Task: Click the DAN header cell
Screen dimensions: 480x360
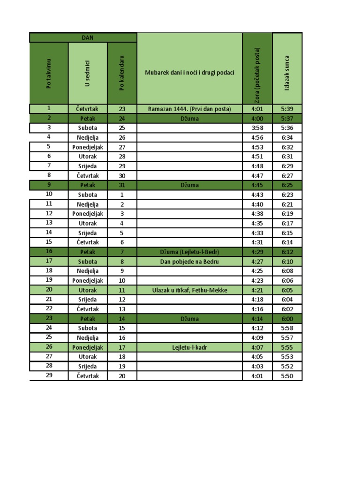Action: [83, 37]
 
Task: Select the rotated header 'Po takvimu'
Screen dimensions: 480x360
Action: [49, 73]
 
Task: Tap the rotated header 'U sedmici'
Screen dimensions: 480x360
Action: [88, 73]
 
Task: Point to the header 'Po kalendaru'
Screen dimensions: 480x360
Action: [122, 73]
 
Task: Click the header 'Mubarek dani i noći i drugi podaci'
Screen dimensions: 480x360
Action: [189, 73]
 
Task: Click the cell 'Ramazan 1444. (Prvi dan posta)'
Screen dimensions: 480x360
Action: [189, 109]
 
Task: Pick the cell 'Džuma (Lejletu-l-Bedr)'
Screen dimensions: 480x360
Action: [189, 252]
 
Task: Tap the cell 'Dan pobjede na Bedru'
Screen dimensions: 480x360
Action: [189, 262]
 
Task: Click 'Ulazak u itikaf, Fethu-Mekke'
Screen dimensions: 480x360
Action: [189, 290]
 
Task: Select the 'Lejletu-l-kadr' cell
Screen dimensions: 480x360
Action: [189, 347]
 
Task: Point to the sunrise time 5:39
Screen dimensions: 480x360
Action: [287, 109]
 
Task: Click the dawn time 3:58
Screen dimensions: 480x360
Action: [257, 128]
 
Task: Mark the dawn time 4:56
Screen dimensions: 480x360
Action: [257, 137]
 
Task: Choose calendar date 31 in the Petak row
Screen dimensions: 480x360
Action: [122, 185]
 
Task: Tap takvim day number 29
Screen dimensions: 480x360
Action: [49, 375]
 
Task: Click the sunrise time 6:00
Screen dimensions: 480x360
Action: [287, 319]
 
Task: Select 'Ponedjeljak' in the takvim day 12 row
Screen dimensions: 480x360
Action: [88, 214]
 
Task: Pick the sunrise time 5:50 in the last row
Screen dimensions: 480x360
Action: [287, 376]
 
